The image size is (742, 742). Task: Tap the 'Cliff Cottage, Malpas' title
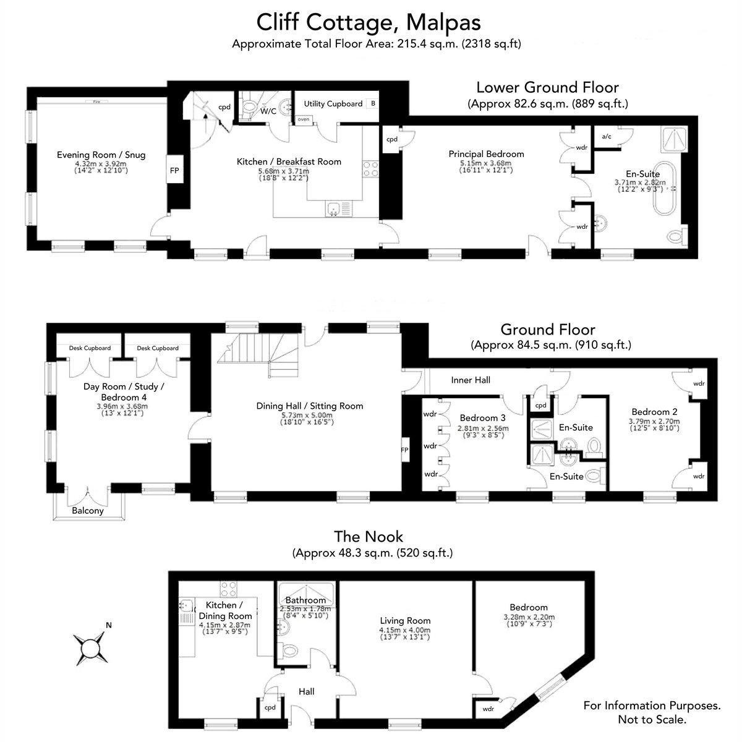pyautogui.click(x=369, y=22)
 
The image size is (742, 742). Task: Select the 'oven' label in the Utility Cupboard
pyautogui.click(x=304, y=119)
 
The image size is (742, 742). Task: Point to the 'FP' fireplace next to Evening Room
pyautogui.click(x=174, y=170)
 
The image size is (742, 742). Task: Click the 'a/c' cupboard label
pyautogui.click(x=607, y=136)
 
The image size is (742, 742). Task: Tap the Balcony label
pyautogui.click(x=88, y=511)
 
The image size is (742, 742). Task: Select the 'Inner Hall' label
pyautogui.click(x=471, y=380)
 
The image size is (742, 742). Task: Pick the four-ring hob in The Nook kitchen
pyautogui.click(x=228, y=589)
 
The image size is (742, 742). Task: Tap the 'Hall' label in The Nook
pyautogui.click(x=307, y=691)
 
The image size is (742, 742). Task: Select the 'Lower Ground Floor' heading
pyautogui.click(x=548, y=87)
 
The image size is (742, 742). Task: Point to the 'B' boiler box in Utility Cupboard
pyautogui.click(x=373, y=104)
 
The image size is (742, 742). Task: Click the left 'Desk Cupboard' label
pyautogui.click(x=90, y=348)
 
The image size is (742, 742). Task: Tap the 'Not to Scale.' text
pyautogui.click(x=652, y=719)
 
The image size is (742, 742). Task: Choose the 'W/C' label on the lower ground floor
pyautogui.click(x=268, y=111)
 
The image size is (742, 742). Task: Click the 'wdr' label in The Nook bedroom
pyautogui.click(x=488, y=709)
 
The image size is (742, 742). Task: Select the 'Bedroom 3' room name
pyautogui.click(x=483, y=418)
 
